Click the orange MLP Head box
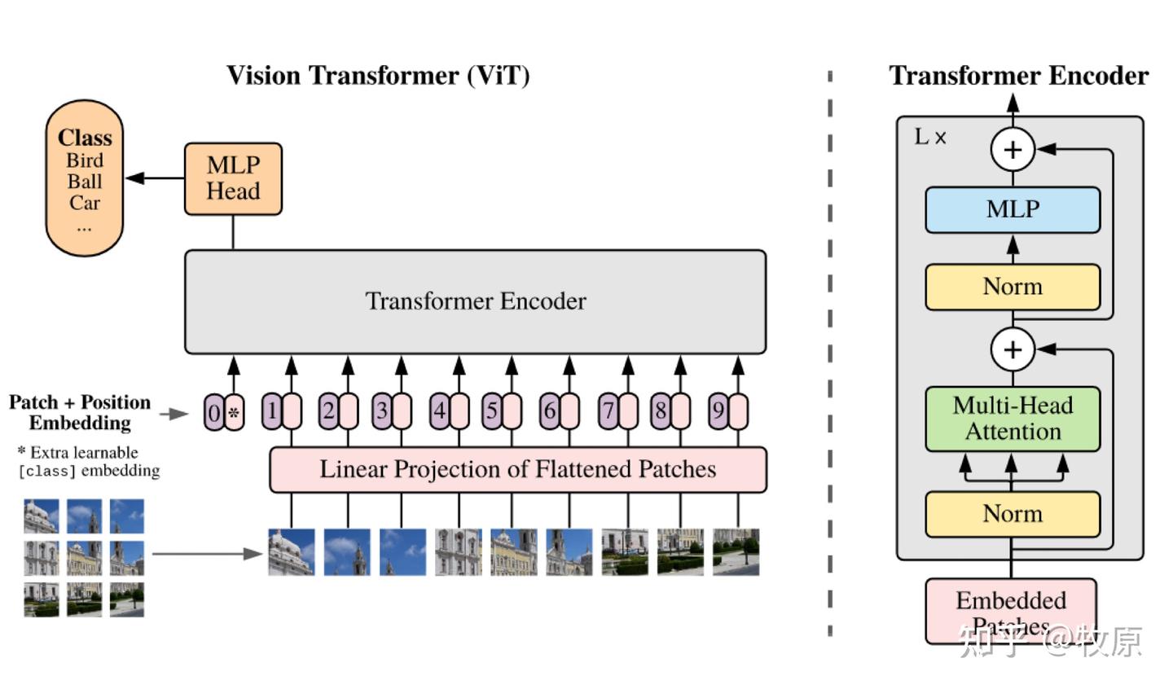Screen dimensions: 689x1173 [233, 178]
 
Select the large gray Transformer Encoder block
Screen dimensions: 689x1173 [475, 301]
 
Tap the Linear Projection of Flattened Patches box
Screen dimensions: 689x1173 [517, 469]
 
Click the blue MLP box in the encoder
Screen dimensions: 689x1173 [1013, 209]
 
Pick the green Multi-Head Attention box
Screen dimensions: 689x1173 [1013, 419]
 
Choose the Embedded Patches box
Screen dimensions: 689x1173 [1011, 611]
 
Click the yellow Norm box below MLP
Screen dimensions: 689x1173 [1013, 287]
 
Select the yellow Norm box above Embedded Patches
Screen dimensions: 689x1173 [1013, 514]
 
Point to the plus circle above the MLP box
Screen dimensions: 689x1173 [1013, 150]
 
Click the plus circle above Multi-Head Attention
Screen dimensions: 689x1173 [1013, 349]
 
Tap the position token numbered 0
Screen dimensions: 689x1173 [213, 412]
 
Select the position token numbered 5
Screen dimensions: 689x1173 [491, 411]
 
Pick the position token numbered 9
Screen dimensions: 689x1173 [718, 411]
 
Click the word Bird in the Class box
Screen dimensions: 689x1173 [85, 160]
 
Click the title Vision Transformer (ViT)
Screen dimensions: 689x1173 [378, 76]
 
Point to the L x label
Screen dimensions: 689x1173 [930, 137]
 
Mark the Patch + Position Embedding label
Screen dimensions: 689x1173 [80, 412]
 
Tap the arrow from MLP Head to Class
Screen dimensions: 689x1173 [155, 178]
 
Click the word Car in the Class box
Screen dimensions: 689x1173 [85, 203]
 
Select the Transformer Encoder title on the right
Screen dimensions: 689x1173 [1018, 76]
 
